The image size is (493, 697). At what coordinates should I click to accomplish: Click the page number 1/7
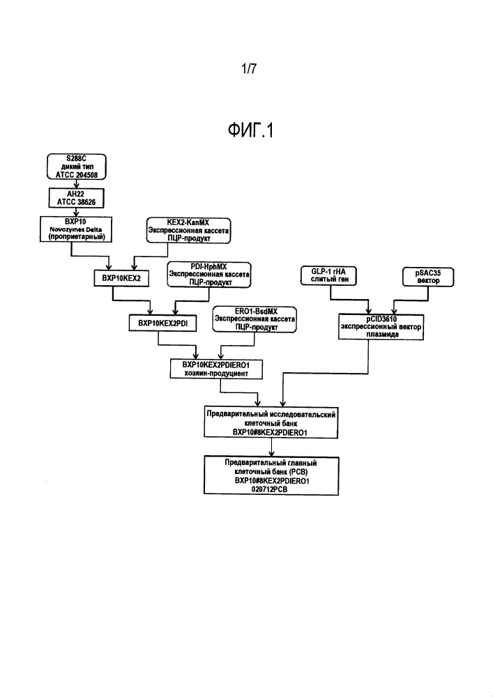click(x=249, y=68)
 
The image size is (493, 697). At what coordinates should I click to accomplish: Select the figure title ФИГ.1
click(x=250, y=130)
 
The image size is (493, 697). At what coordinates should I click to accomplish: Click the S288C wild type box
click(x=77, y=167)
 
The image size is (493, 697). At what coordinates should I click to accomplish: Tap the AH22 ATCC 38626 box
click(x=76, y=198)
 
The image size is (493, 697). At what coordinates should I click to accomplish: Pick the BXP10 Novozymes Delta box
click(x=76, y=229)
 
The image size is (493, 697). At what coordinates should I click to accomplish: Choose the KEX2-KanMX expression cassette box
click(x=189, y=230)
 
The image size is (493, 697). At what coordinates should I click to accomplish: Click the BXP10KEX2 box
click(x=121, y=278)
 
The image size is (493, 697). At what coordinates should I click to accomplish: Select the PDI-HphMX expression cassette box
click(x=209, y=274)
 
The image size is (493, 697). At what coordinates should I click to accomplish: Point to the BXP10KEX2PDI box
click(x=162, y=323)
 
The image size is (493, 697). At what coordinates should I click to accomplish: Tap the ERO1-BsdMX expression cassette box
click(x=255, y=319)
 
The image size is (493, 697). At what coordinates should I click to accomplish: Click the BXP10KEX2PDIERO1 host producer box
click(x=216, y=369)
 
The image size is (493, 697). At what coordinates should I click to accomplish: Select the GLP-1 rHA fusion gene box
click(x=328, y=275)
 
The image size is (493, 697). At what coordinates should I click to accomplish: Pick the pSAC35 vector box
click(x=428, y=277)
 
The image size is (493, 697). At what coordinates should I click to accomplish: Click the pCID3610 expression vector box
click(x=381, y=327)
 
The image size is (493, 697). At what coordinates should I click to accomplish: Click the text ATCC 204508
click(x=77, y=175)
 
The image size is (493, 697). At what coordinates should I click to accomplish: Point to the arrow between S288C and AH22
click(x=76, y=184)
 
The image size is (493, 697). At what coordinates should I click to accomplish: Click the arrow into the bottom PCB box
click(x=272, y=447)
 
